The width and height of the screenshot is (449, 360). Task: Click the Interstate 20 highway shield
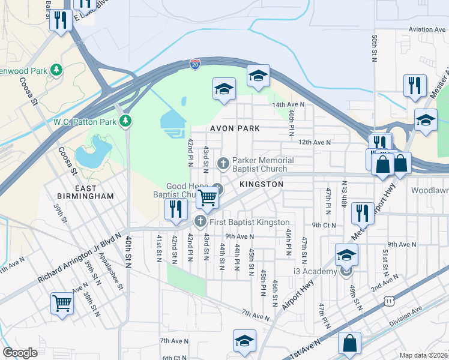195,64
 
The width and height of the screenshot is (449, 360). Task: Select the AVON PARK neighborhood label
235,128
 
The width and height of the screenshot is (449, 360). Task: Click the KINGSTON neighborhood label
261,184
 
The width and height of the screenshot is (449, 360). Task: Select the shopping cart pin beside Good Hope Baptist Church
207,197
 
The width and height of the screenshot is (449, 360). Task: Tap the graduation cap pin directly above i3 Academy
346,255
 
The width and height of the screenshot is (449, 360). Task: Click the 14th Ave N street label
288,104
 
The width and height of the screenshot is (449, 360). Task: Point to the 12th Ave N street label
315,142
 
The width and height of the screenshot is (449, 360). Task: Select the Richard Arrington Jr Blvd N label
79,259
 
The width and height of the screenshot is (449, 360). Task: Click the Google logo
20,353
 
